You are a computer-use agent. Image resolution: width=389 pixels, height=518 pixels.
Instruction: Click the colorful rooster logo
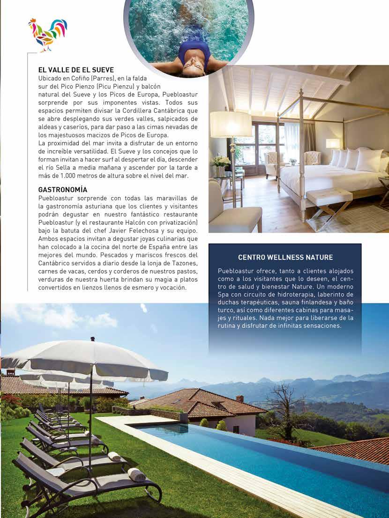[47, 34]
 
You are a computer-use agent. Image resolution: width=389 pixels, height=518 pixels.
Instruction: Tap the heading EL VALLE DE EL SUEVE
[76, 70]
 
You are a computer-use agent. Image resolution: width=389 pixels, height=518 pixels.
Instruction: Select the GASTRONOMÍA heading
[62, 190]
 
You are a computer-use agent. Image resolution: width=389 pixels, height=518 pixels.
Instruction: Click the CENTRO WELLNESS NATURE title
[285, 257]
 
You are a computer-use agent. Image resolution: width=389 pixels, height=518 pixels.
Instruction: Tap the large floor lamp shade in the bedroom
[231, 124]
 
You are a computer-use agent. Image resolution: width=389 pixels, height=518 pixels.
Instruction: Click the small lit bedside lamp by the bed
[333, 144]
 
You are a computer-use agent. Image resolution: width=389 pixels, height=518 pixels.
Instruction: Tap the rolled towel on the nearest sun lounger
[136, 474]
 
